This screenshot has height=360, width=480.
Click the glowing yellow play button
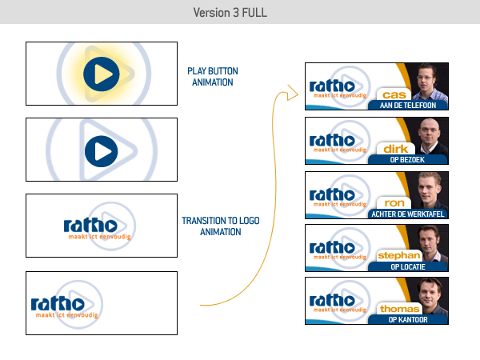click(102, 74)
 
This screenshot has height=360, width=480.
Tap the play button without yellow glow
click(102, 150)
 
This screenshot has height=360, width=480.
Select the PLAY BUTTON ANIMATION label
click(213, 76)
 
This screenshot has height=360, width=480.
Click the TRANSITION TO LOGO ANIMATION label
click(222, 226)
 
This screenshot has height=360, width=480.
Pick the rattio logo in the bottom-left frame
click(58, 305)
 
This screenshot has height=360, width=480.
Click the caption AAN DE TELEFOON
click(408, 105)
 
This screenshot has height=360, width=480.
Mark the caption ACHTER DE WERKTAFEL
click(408, 213)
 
